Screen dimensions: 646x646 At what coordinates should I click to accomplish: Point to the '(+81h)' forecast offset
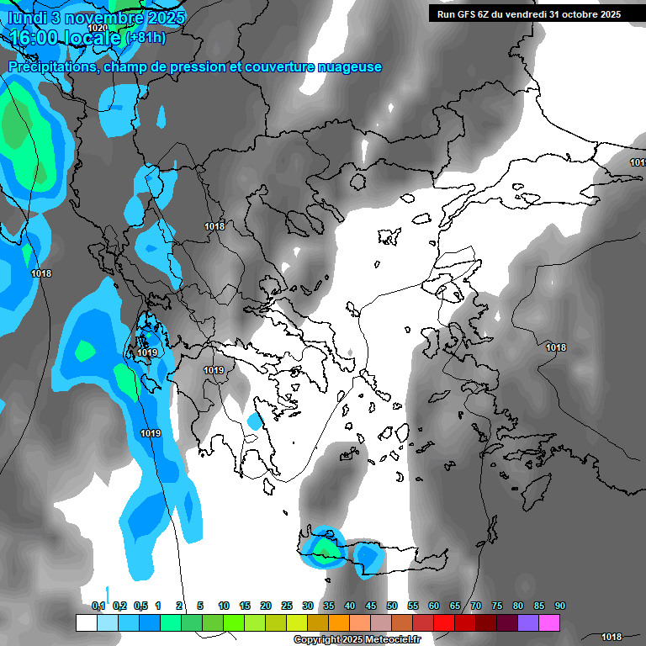(x=146, y=37)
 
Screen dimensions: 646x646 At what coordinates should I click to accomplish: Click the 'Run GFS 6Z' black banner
(x=528, y=13)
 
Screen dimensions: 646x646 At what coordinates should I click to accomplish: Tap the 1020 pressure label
(x=98, y=28)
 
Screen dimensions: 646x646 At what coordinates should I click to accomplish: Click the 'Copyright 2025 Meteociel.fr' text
(x=357, y=640)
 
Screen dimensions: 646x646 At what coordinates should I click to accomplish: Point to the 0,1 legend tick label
(x=98, y=606)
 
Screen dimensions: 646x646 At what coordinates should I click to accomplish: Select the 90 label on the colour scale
(x=560, y=606)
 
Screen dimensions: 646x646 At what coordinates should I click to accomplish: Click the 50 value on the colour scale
(x=392, y=606)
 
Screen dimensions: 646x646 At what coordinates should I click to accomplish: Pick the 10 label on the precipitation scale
(x=224, y=606)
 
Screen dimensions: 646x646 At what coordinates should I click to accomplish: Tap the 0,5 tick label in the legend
(x=140, y=606)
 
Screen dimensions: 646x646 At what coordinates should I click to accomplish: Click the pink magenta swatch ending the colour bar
(x=549, y=622)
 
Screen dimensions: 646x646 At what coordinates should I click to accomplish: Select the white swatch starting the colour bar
(x=86, y=622)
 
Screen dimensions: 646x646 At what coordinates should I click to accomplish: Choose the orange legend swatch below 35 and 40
(x=339, y=622)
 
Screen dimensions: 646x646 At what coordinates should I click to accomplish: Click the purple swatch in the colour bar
(x=528, y=622)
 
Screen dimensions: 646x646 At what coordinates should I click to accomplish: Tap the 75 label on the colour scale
(x=497, y=606)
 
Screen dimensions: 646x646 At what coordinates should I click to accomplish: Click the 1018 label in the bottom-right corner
(x=612, y=637)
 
